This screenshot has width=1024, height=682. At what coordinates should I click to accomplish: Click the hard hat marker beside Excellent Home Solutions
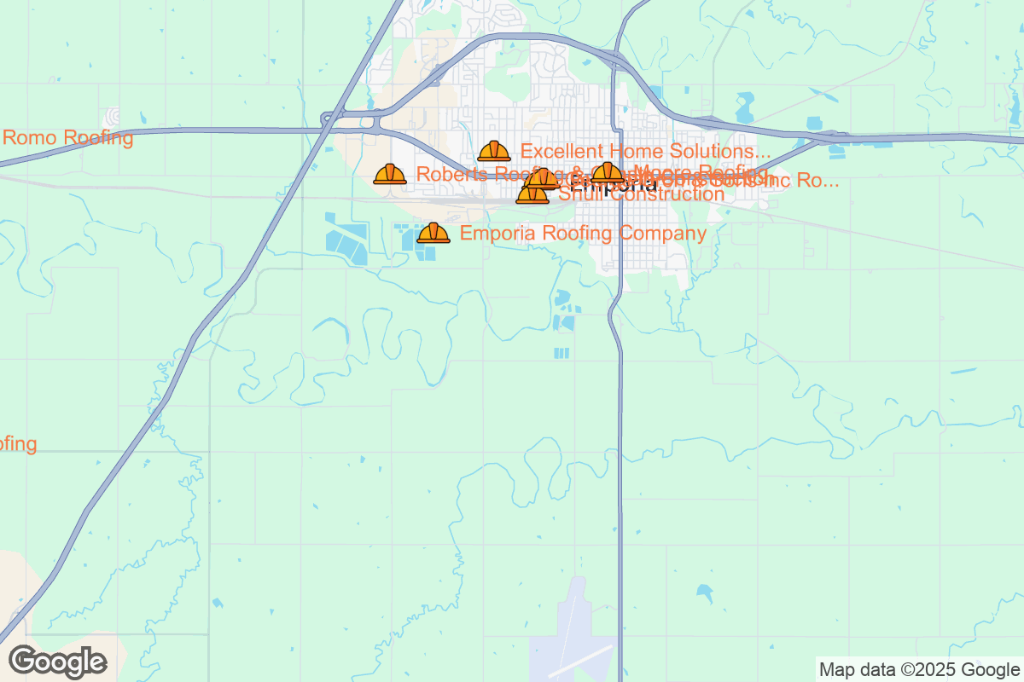494,152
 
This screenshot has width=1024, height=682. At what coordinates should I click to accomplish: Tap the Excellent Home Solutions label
639,152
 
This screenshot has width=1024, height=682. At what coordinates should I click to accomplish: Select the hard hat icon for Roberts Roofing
390,175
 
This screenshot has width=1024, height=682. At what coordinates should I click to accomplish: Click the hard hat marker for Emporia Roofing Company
433,233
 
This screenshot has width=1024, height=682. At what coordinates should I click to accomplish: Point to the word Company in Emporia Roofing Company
666,234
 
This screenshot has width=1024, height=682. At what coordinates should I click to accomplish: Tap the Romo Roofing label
68,138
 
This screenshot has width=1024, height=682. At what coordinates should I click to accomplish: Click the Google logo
58,662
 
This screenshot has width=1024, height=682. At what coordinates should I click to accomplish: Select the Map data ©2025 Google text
919,669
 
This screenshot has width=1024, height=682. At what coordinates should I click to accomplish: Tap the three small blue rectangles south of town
561,353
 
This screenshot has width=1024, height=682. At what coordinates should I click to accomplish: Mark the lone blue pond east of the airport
705,590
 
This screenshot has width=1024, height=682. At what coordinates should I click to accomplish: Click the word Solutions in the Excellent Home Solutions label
714,152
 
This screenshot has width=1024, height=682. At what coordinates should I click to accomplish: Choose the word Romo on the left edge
26,138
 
